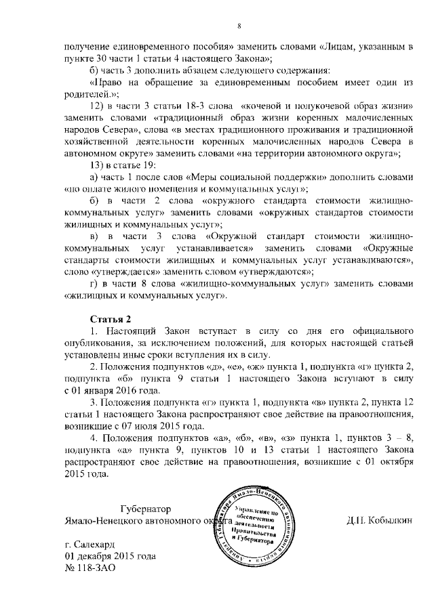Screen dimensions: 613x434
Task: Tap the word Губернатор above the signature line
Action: click(146, 508)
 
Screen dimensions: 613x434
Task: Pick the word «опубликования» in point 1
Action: click(97, 343)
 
